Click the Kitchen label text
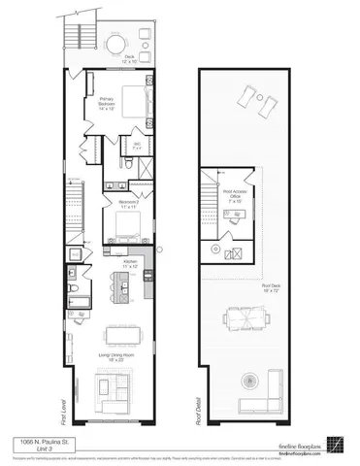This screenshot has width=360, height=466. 131,263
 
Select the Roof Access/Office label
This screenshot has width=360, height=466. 237,194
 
